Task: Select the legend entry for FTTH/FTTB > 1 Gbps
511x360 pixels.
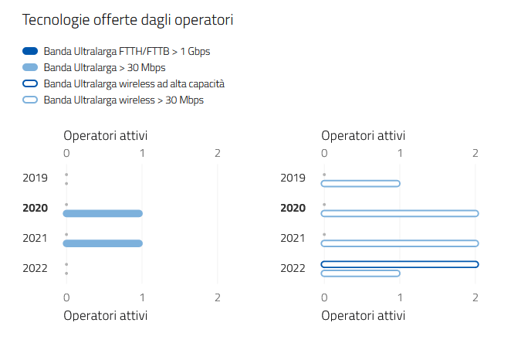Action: click(x=127, y=51)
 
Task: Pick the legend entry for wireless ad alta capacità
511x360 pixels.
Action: click(x=134, y=83)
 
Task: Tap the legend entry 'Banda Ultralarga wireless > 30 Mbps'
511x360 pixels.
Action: click(x=124, y=100)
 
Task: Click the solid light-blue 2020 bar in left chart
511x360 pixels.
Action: click(x=103, y=213)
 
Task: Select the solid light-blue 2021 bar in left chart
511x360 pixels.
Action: click(x=103, y=243)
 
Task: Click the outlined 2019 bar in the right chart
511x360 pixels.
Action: click(x=360, y=183)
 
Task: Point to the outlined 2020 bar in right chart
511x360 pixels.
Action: click(x=400, y=213)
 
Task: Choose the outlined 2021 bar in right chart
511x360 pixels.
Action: click(x=400, y=243)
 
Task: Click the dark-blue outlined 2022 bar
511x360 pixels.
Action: click(x=400, y=264)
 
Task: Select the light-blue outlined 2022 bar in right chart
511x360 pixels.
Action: click(x=360, y=273)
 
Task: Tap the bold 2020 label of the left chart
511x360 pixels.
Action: click(x=36, y=208)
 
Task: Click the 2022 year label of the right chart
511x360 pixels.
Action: click(x=293, y=268)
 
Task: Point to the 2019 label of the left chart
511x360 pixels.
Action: click(x=36, y=178)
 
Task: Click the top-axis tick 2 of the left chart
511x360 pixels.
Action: click(x=218, y=153)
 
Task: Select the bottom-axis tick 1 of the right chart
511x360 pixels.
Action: click(x=400, y=297)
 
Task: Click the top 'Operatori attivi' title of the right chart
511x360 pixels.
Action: click(x=363, y=135)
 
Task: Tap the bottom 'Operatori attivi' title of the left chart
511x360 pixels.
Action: click(x=106, y=315)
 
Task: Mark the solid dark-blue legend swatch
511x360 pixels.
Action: click(x=30, y=51)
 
